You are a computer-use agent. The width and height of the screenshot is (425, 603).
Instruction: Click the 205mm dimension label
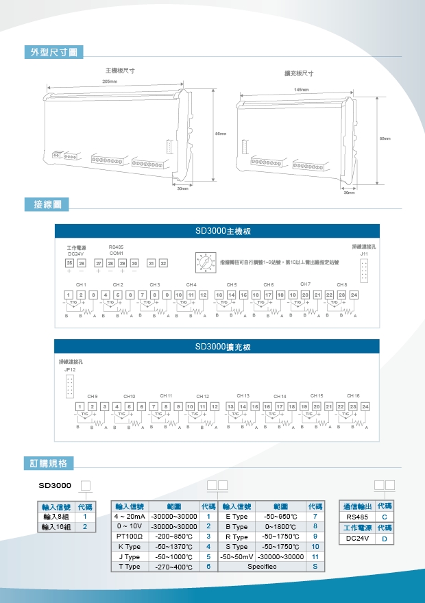[110, 82]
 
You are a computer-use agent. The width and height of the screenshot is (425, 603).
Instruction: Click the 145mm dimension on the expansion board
[302, 90]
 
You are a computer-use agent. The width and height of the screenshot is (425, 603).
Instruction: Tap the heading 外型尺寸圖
[53, 52]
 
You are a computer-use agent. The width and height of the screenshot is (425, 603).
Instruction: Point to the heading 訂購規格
[49, 463]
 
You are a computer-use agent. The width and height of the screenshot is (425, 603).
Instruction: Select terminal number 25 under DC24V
[69, 263]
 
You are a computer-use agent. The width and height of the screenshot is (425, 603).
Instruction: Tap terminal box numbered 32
[162, 263]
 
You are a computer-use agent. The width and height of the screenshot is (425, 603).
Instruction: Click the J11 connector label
[363, 254]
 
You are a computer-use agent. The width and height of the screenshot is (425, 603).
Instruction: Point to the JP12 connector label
[69, 369]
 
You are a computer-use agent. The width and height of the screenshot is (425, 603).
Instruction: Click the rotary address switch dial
[204, 262]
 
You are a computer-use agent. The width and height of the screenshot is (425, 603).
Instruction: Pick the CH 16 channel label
[353, 395]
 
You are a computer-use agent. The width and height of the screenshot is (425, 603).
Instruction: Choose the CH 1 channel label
[81, 284]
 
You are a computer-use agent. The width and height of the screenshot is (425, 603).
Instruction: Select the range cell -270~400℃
[173, 567]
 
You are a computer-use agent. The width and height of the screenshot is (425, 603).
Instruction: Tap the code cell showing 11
[315, 556]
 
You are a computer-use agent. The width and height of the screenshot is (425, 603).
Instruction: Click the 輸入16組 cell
[56, 526]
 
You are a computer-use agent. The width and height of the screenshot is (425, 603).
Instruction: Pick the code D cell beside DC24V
[385, 539]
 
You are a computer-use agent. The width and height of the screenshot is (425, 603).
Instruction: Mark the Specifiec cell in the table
[263, 567]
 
